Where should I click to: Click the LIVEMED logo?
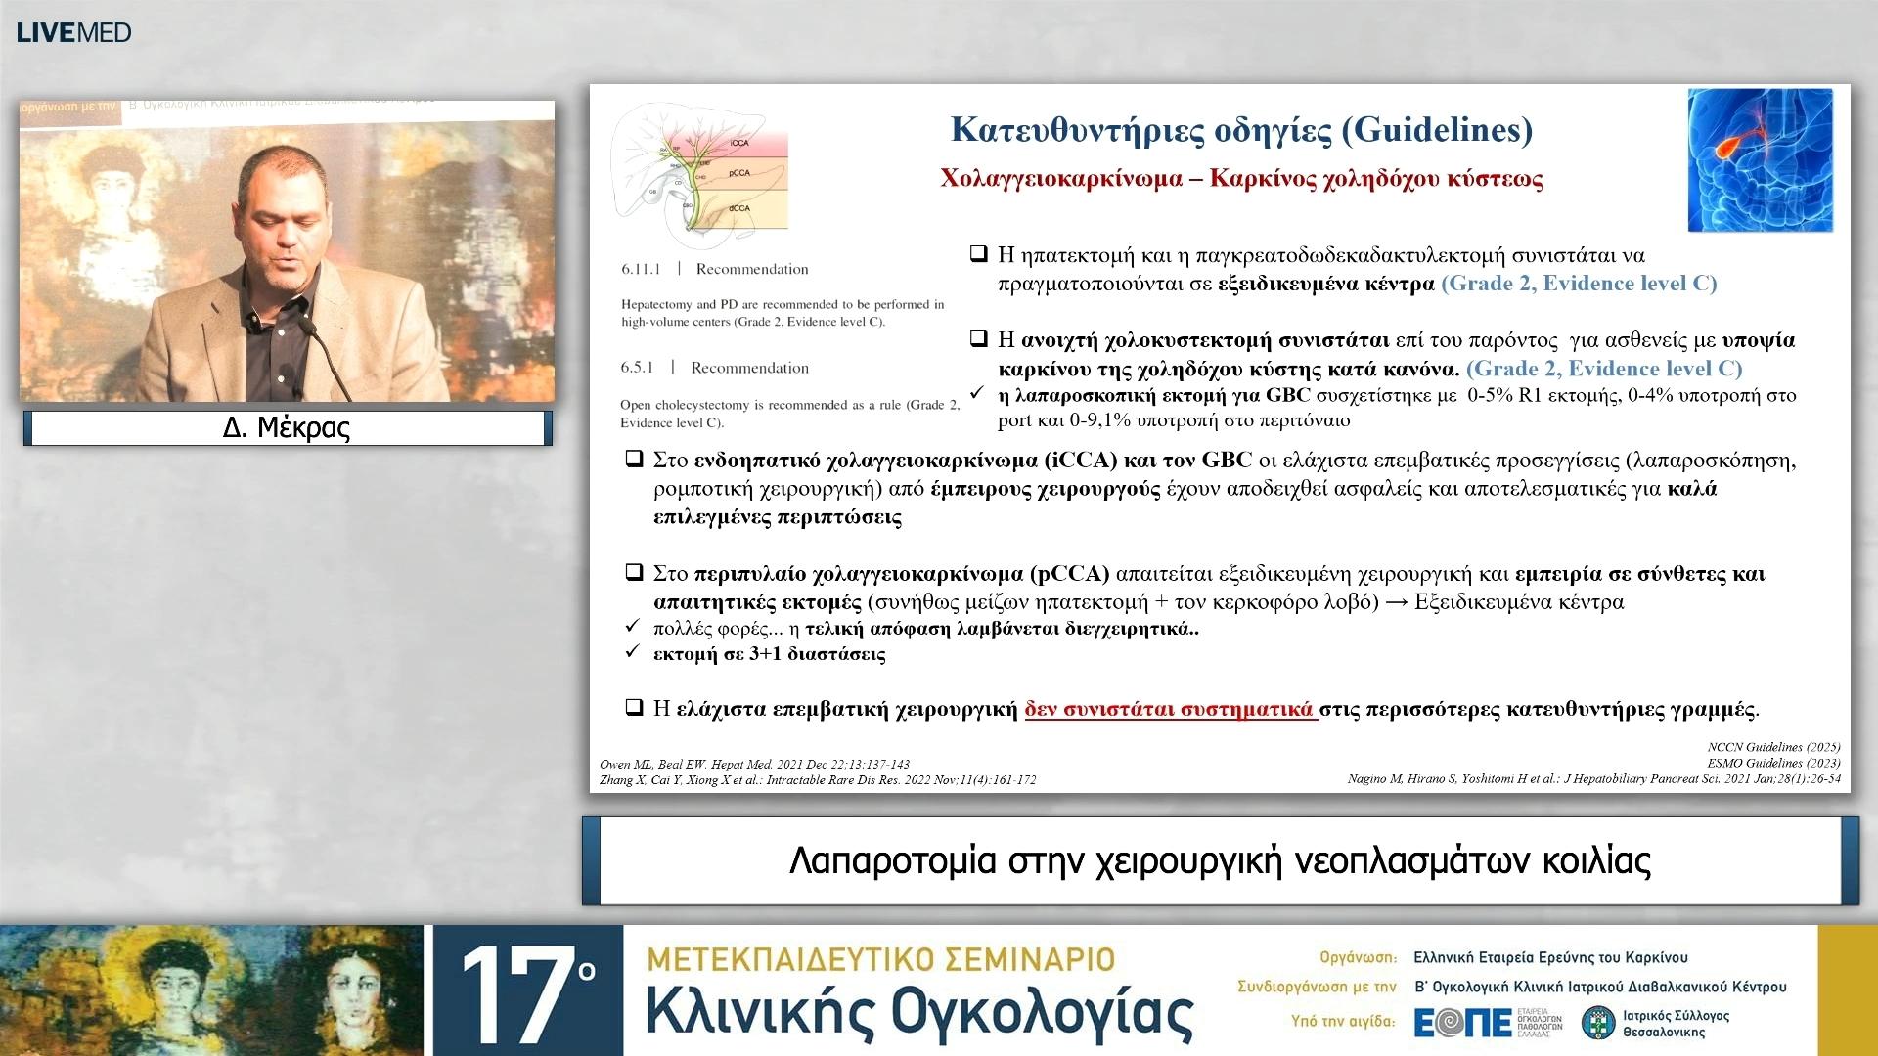pos(73,32)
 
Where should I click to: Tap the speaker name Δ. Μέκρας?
pos(287,427)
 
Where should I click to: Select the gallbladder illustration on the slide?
pos(1760,159)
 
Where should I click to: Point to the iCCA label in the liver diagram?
pos(739,143)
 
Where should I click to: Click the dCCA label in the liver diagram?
pos(739,208)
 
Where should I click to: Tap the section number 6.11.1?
pos(641,269)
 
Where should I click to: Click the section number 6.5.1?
pos(637,368)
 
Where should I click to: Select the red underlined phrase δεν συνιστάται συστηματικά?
pos(1169,709)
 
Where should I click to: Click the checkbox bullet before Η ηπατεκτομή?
pos(978,254)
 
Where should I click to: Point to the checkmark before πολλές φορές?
pos(633,627)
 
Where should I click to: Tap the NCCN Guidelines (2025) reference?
pos(1773,747)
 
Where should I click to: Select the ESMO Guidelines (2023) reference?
pos(1773,763)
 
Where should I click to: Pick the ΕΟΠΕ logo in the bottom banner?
pos(1463,1023)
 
